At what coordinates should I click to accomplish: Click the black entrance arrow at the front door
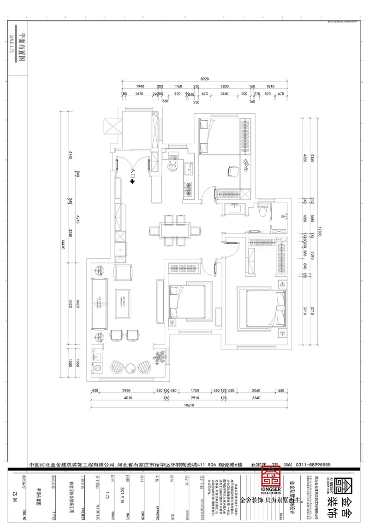[132, 181]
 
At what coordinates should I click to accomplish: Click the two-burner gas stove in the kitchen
[189, 187]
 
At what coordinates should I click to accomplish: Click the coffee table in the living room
[124, 303]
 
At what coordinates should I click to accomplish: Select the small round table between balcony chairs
[131, 367]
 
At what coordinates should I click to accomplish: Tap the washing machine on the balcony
[98, 367]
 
